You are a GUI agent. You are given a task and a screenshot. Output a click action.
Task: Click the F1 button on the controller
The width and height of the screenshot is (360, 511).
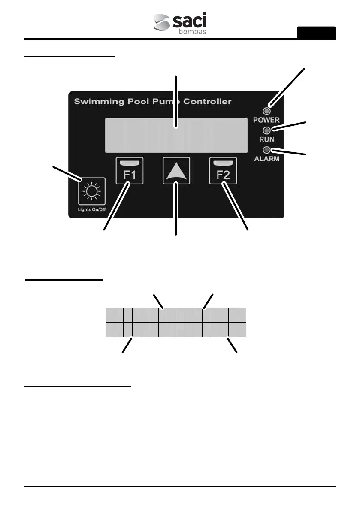coord(129,170)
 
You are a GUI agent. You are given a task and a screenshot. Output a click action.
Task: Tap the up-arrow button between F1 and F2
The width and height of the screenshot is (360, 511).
coord(176,170)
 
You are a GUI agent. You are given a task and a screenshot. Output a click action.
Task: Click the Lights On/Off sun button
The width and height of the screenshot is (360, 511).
coord(92,190)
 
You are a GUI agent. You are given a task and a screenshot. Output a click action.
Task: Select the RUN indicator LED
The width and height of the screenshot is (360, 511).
coord(266,130)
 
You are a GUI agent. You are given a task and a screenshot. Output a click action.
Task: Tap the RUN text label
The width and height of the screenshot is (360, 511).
coord(266,140)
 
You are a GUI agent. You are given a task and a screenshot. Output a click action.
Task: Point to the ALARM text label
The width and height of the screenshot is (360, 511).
coord(266,159)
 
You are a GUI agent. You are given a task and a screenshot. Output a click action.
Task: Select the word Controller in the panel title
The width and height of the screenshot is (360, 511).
coord(207,102)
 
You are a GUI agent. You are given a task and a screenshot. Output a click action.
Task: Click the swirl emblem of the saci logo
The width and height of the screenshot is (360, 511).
coord(163,24)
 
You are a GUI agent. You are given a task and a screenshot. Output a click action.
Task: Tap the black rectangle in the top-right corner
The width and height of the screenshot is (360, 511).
coord(316,33)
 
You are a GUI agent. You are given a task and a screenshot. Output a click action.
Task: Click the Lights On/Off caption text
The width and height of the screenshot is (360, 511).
coord(92,210)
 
